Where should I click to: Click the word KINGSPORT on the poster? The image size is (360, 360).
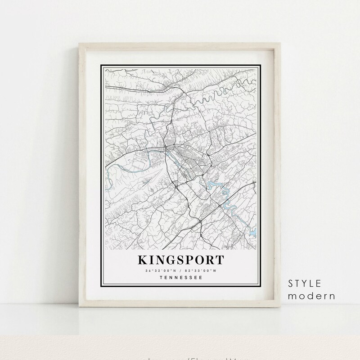pyautogui.click(x=180, y=261)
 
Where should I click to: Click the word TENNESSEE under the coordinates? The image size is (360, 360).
pyautogui.click(x=180, y=278)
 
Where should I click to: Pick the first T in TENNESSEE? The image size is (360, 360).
pyautogui.click(x=161, y=278)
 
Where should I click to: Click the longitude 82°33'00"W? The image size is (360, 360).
pyautogui.click(x=199, y=270)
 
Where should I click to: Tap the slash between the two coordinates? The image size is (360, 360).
pyautogui.click(x=180, y=270)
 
